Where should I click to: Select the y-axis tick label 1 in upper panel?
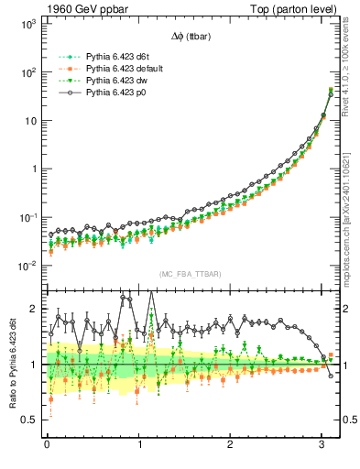[x=32, y=169]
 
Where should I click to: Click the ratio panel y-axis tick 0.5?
[x=27, y=420]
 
